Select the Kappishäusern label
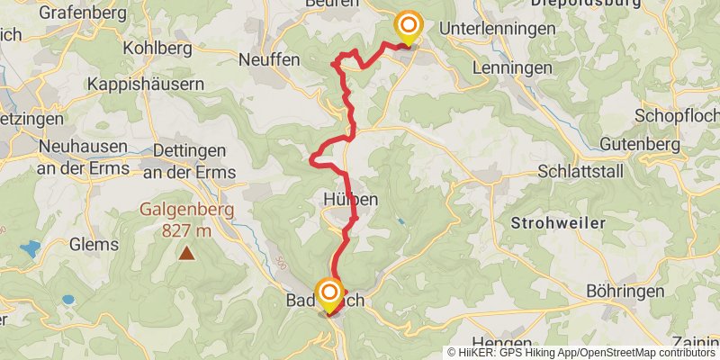tap(146, 84)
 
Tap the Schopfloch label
tap(676, 116)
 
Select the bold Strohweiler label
tap(555, 220)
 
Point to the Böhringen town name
tap(625, 291)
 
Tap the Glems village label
tap(93, 245)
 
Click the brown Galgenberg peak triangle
tap(186, 253)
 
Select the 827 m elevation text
tap(186, 230)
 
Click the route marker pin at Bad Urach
tap(329, 294)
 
